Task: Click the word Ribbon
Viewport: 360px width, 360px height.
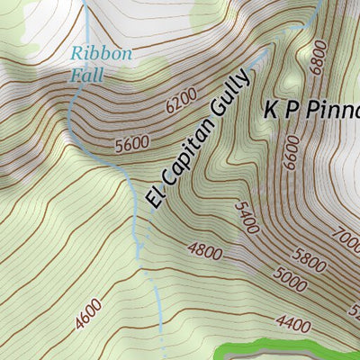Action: [102, 54]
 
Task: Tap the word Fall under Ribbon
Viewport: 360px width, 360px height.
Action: [87, 76]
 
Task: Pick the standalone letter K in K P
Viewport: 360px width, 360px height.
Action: [271, 112]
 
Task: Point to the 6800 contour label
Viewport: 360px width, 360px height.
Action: [319, 59]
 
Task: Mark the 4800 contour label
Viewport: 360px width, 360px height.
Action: [205, 251]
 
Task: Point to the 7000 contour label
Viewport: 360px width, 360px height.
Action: [346, 242]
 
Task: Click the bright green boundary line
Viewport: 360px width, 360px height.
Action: [288, 345]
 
